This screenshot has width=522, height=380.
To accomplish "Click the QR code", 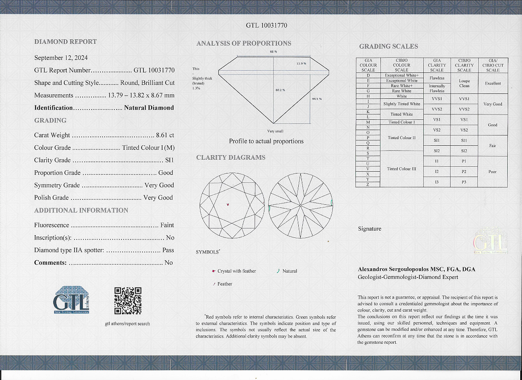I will (x=128, y=300).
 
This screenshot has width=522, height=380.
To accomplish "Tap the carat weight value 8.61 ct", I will (x=165, y=135).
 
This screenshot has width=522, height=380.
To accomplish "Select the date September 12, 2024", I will (x=61, y=58).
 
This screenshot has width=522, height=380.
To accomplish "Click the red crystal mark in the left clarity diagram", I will (x=228, y=205).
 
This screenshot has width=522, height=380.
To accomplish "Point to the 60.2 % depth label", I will (x=280, y=90).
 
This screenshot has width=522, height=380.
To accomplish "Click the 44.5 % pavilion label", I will (x=317, y=98).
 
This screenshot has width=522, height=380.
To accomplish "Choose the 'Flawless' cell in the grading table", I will (x=437, y=78).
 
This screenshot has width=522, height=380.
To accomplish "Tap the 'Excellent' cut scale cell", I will (x=493, y=83).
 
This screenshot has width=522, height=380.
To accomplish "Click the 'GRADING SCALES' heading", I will (x=388, y=46).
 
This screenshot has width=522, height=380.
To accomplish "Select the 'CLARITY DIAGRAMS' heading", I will (x=230, y=157).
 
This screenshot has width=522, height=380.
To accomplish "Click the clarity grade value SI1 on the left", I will (x=169, y=160).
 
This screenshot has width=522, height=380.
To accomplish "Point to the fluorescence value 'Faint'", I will (x=167, y=225).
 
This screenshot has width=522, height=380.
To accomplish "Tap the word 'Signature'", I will (x=369, y=229).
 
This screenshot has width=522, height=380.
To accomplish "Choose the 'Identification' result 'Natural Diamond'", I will (x=149, y=108).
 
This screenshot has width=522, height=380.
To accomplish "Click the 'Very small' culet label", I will (x=275, y=131).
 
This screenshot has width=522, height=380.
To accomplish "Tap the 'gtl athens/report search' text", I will (x=128, y=324).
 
